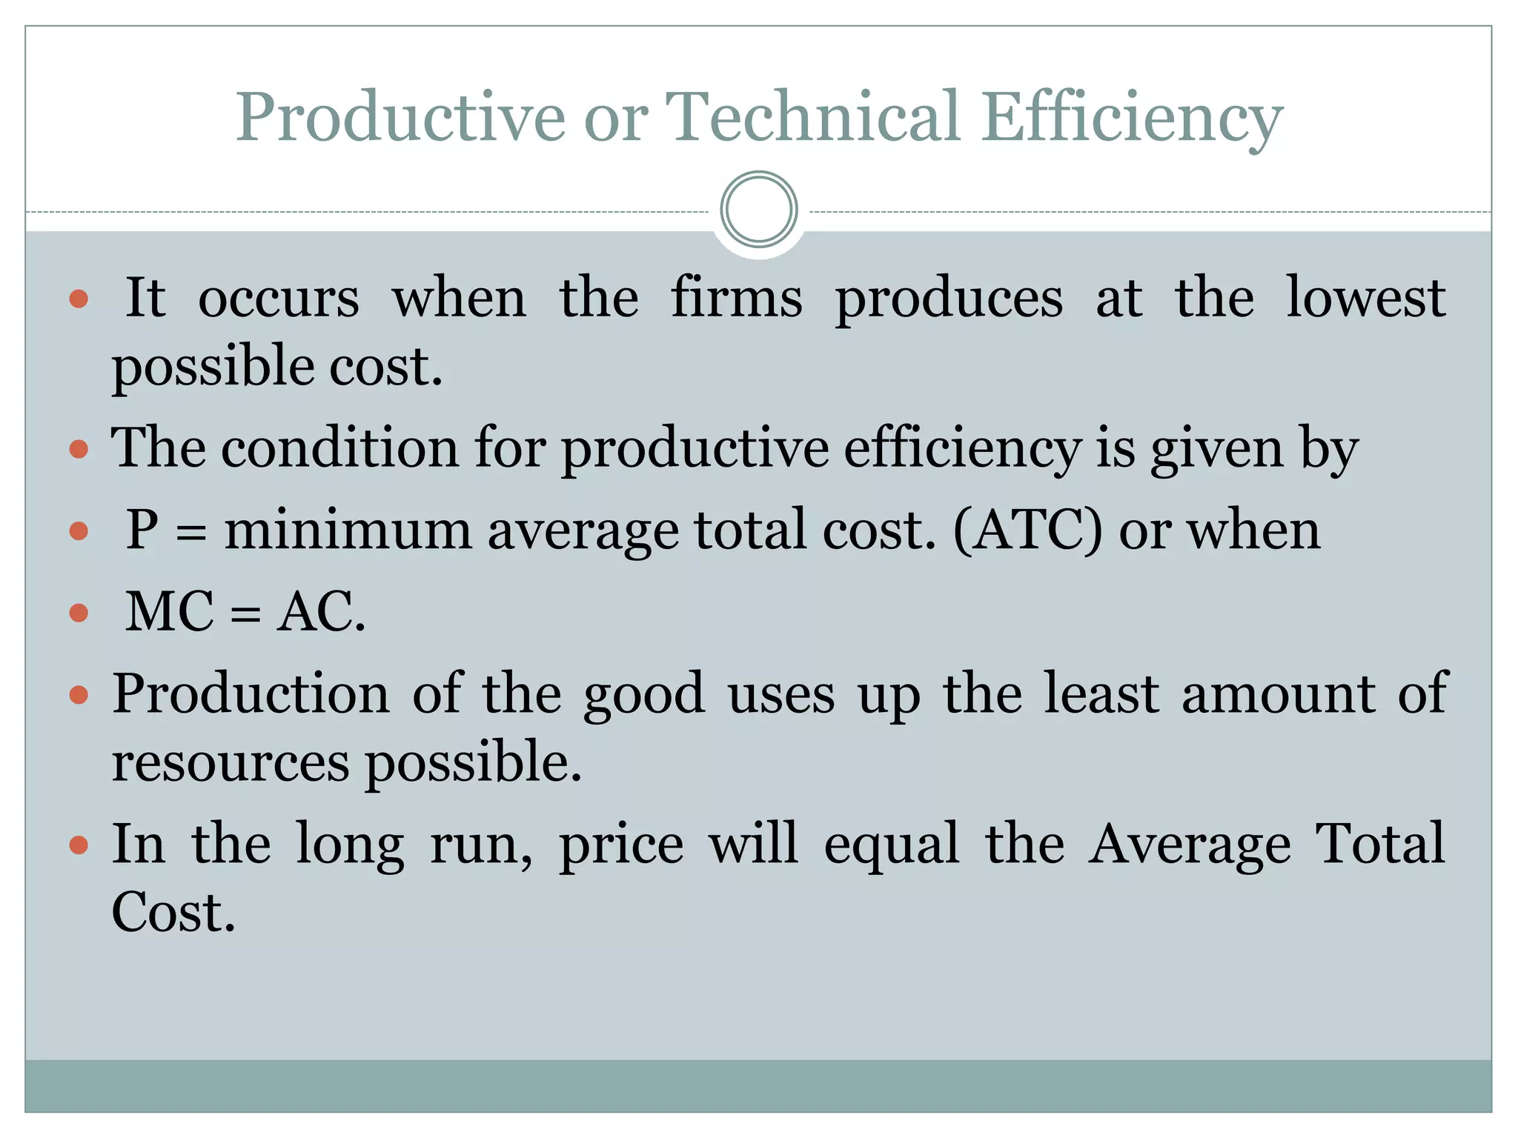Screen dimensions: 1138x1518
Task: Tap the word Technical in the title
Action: click(813, 117)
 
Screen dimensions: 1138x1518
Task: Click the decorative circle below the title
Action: click(758, 210)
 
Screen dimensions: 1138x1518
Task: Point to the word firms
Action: click(736, 298)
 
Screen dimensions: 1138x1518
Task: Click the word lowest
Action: click(1365, 298)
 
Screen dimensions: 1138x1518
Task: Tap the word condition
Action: click(339, 448)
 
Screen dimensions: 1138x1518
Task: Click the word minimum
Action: click(348, 530)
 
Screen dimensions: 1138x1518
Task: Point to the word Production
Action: click(251, 693)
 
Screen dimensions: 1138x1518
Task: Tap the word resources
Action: click(230, 762)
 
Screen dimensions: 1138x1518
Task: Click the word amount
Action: click(1279, 693)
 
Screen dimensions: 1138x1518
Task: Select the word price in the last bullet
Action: click(621, 845)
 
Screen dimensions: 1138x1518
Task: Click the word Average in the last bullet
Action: click(1189, 845)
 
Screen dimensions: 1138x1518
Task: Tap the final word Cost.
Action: click(173, 913)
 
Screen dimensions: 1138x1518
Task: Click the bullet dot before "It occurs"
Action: click(79, 299)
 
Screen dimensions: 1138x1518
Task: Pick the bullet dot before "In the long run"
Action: click(79, 845)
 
